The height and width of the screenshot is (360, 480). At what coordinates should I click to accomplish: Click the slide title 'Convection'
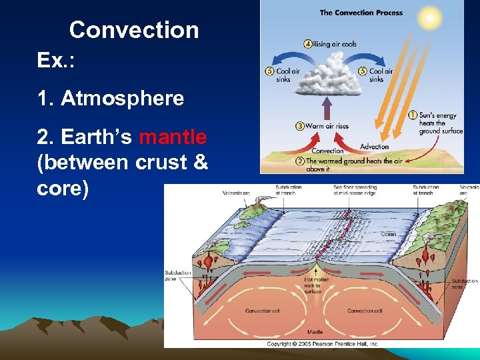pyautogui.click(x=133, y=30)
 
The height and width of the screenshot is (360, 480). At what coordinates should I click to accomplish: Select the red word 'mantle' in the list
pyautogui.click(x=173, y=137)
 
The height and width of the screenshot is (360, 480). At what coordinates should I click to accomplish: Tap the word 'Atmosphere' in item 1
pyautogui.click(x=122, y=99)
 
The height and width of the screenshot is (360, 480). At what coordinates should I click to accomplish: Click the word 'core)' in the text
pyautogui.click(x=63, y=188)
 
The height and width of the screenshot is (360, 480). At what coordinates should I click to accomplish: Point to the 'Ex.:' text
pyautogui.click(x=56, y=61)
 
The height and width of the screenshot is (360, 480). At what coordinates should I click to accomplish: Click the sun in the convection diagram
pyautogui.click(x=431, y=17)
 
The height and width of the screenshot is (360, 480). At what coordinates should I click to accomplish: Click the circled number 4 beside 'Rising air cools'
pyautogui.click(x=307, y=44)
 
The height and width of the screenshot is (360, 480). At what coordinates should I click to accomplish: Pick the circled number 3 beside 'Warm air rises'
pyautogui.click(x=301, y=125)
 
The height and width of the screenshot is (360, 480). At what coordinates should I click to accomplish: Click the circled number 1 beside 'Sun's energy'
pyautogui.click(x=413, y=115)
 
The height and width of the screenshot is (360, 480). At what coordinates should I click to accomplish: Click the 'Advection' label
pyautogui.click(x=374, y=147)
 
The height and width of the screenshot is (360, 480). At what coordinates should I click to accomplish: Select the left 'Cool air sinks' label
pyautogui.click(x=283, y=75)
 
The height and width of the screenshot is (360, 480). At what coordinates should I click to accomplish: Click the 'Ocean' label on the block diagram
pyautogui.click(x=388, y=234)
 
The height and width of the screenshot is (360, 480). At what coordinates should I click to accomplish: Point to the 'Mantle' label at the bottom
pyautogui.click(x=315, y=331)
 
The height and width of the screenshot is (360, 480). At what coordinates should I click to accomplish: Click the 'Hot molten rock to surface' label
pyautogui.click(x=312, y=286)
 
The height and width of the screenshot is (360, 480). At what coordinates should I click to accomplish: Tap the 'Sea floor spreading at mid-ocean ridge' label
pyautogui.click(x=354, y=190)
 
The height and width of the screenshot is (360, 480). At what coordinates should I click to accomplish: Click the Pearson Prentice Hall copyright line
pyautogui.click(x=323, y=343)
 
